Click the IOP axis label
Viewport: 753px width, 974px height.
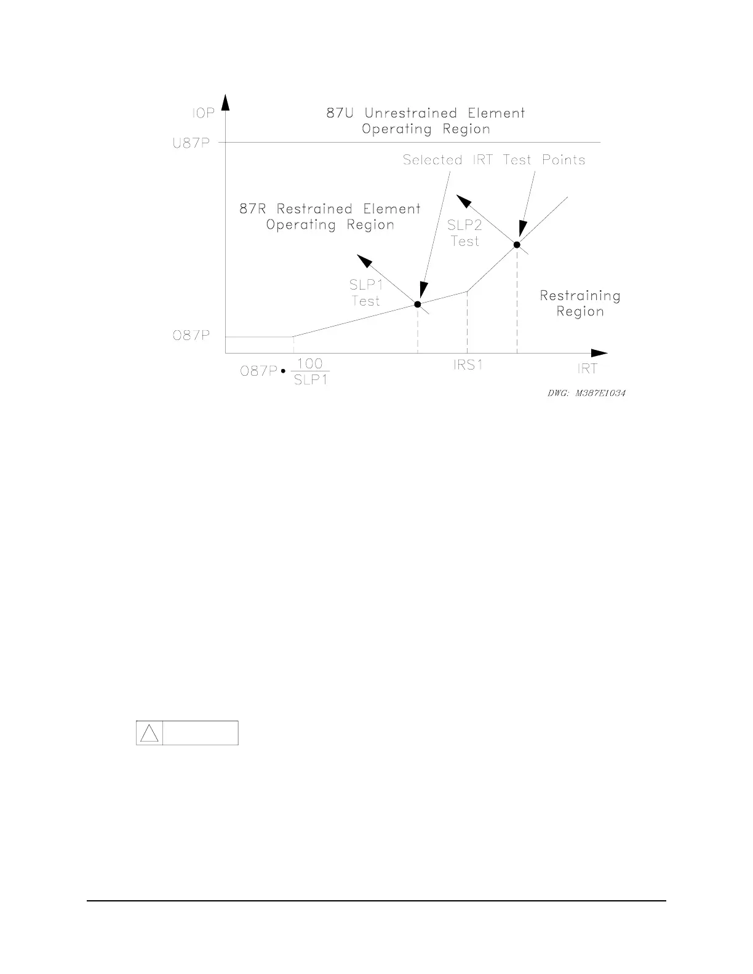(x=202, y=114)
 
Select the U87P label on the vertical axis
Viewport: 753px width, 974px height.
(x=191, y=143)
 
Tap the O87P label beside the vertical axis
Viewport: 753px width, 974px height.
(x=191, y=336)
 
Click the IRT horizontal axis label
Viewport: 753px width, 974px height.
(x=587, y=369)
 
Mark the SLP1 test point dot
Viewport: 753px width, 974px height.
(x=418, y=304)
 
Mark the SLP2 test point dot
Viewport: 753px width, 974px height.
(x=517, y=245)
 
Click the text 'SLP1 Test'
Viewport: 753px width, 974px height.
(x=366, y=293)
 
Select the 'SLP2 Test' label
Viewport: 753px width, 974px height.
(x=464, y=233)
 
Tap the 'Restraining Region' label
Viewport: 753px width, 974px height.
(x=580, y=303)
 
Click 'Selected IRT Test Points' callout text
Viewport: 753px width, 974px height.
(x=494, y=160)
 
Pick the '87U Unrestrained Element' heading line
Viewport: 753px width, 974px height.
(x=426, y=113)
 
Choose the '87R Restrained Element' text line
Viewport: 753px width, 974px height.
(x=330, y=209)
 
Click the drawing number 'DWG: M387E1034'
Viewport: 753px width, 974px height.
(x=586, y=393)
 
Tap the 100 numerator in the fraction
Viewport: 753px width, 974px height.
(x=310, y=364)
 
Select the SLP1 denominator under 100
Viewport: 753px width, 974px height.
(x=311, y=379)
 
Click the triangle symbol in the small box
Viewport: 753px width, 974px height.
(x=149, y=733)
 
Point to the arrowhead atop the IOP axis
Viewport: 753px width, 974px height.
(x=226, y=101)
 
